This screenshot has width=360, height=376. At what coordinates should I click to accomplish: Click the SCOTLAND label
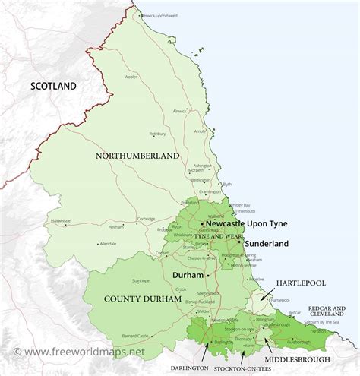53,86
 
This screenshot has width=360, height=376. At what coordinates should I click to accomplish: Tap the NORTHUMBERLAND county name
137,155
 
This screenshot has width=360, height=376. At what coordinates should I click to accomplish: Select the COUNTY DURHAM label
144,299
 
